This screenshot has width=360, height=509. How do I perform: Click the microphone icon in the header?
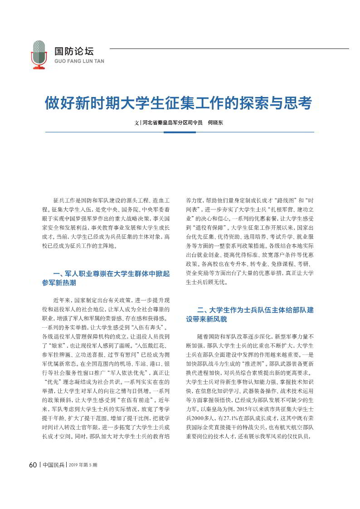click(39, 55)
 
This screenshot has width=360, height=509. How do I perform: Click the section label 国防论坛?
click(74, 51)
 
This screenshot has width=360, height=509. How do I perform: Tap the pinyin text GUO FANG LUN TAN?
click(79, 61)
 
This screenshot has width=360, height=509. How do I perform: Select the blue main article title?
click(178, 103)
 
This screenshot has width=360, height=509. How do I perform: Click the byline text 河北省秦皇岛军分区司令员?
click(172, 122)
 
